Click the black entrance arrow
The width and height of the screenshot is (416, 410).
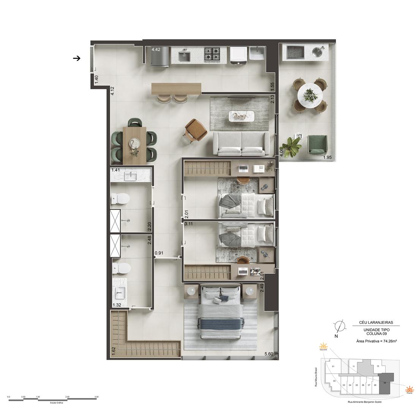point(77,58)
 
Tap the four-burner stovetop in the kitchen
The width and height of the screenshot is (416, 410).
point(213,55)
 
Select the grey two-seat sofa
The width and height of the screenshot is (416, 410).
point(241,143)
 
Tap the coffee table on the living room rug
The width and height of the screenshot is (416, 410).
point(240,115)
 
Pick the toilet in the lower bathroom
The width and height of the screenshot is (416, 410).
point(122,268)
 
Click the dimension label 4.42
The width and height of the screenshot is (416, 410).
point(156,49)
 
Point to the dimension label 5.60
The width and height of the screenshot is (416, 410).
point(269,355)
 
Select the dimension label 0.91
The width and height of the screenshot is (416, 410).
point(159,252)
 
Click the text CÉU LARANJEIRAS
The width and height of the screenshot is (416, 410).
point(376,323)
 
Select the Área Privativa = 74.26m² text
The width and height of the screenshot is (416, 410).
point(376,341)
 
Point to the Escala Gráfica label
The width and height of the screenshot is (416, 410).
point(54,403)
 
